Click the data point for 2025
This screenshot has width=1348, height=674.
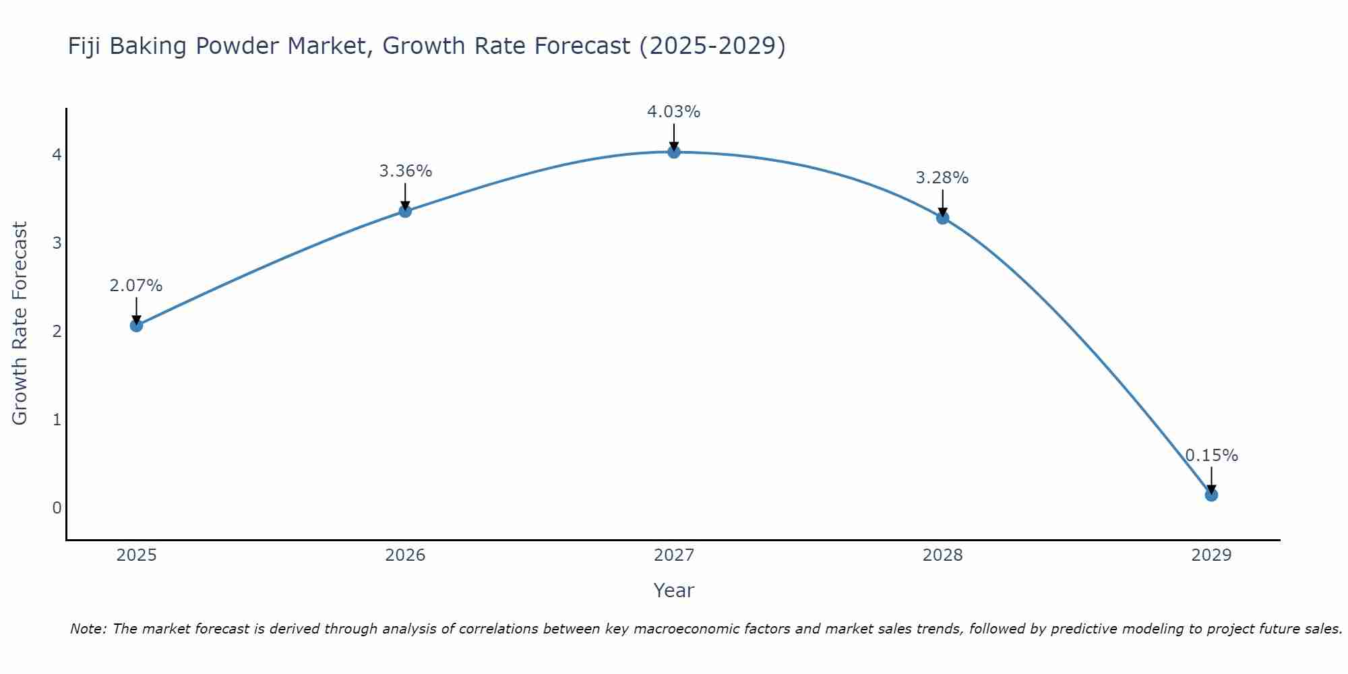(136, 326)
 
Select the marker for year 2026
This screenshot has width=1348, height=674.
(405, 211)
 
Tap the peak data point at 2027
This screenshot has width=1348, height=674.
(674, 152)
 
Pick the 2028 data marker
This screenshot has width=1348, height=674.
(942, 218)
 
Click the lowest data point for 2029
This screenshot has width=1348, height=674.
(1211, 495)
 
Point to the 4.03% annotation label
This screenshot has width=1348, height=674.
(673, 112)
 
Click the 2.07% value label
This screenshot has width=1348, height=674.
(136, 286)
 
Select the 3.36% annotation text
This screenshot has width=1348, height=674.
(405, 171)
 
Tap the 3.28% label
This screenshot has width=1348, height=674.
(942, 178)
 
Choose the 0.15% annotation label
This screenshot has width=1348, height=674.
(1211, 456)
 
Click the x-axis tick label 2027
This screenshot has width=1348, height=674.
(674, 555)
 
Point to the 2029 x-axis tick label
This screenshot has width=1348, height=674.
(1211, 555)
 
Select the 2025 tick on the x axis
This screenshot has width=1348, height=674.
(136, 555)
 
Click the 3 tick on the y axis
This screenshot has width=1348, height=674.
(57, 243)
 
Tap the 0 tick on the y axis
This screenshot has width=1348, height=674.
(57, 508)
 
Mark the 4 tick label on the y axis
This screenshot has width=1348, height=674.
(57, 155)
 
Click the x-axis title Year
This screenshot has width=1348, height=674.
(673, 590)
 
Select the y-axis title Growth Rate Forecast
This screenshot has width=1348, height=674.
(20, 324)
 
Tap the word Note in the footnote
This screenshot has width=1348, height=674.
(88, 629)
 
